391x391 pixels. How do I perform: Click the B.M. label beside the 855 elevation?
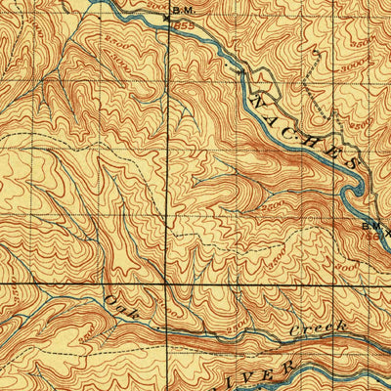point(182,10)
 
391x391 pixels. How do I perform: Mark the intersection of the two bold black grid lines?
point(165,283)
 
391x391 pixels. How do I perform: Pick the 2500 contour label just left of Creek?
point(238,329)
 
